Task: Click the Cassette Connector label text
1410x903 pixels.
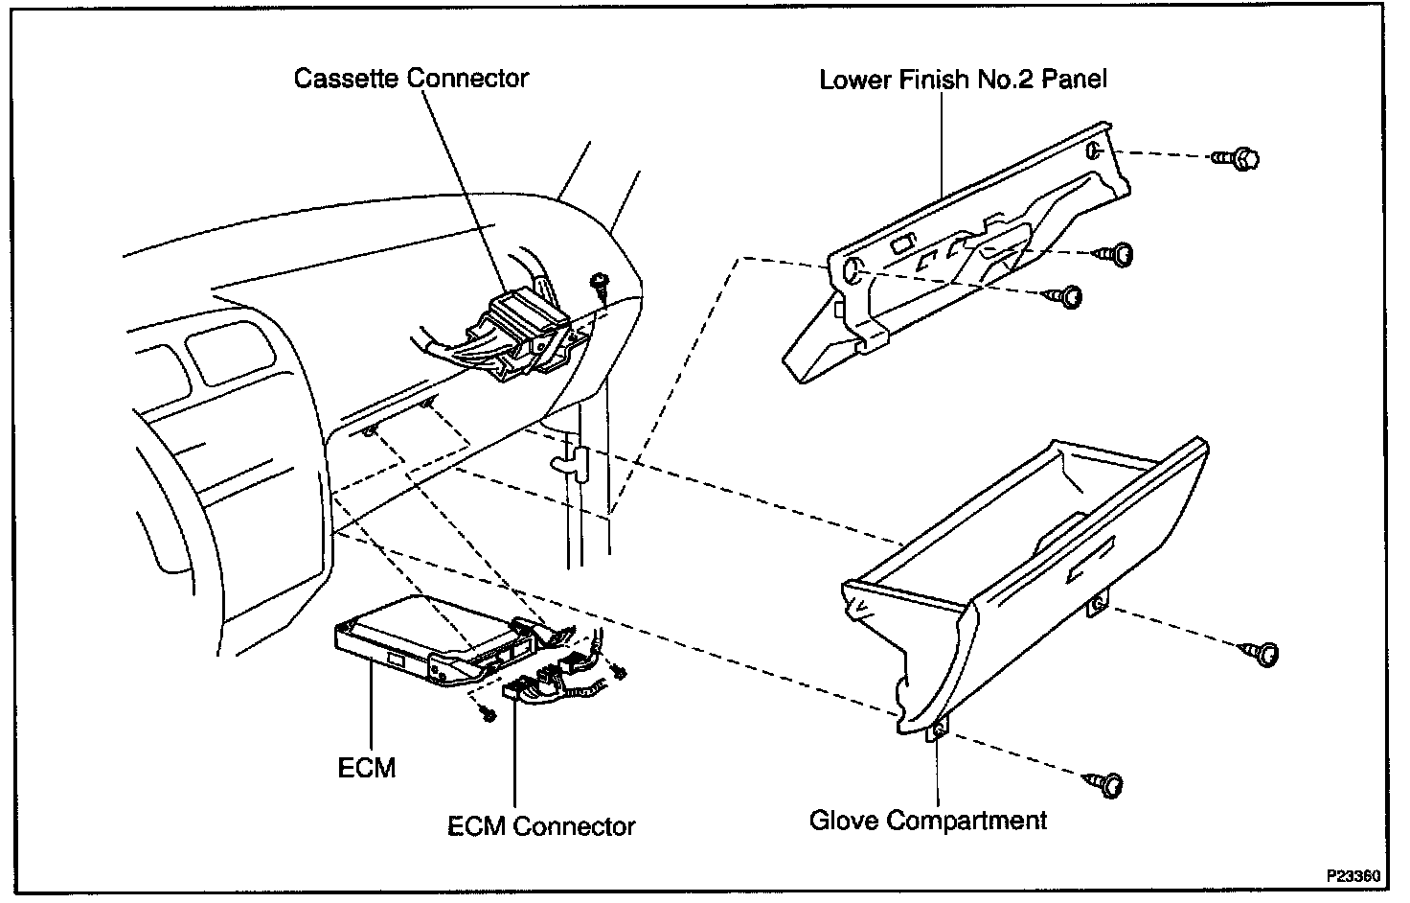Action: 411,78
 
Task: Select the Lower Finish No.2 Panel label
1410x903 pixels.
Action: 963,79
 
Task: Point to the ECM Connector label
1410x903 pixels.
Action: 541,825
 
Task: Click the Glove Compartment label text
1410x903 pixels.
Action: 928,821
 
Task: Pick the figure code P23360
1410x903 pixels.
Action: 1353,876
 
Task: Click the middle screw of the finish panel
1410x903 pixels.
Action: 1118,254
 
